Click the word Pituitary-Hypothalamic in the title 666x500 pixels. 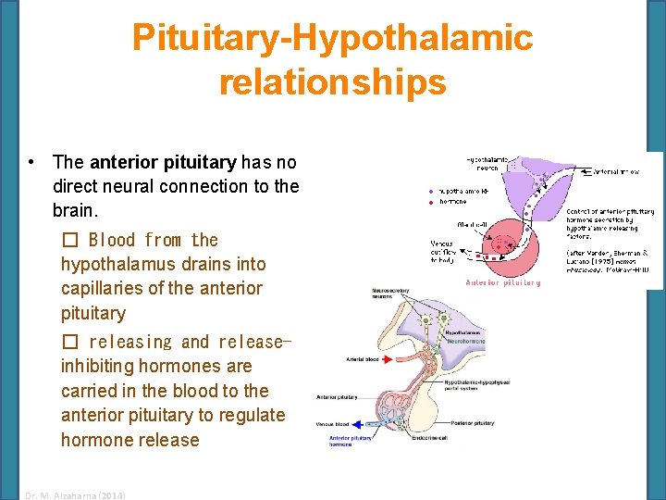point(332,38)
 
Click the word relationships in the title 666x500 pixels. point(332,81)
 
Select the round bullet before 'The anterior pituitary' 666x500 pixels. point(32,163)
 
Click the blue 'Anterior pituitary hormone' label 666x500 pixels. point(351,441)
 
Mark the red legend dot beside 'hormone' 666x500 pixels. point(430,202)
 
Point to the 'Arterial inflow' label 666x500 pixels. point(616,171)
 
